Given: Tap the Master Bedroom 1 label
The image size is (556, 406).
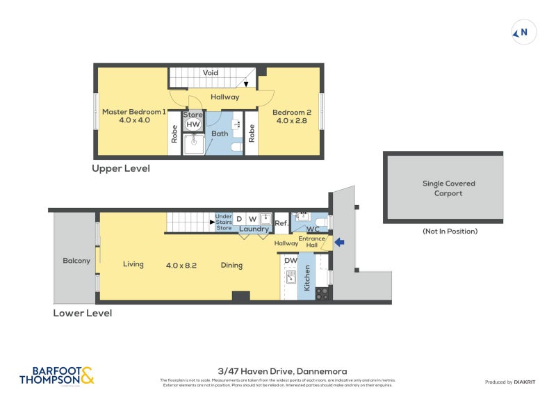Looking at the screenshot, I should point(133,112).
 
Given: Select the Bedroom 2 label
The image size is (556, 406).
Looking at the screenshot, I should point(291,113).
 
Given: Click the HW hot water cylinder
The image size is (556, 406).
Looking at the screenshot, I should point(193,124).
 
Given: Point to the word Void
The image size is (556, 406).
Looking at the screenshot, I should point(211,73).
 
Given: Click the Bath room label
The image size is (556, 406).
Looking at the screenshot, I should point(220,133).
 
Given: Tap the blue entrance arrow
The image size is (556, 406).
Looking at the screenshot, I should point(339,243).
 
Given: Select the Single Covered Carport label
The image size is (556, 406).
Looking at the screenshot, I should point(449,188).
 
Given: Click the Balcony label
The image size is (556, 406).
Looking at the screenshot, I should point(76,261).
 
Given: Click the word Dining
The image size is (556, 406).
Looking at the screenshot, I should point(231,265).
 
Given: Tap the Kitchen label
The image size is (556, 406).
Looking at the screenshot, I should point(306,278).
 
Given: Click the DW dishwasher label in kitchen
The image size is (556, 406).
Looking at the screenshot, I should point(291,261).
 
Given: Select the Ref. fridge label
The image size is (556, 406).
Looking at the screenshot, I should point(281,223).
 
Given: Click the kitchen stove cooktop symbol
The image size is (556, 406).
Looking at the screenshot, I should point(322,294).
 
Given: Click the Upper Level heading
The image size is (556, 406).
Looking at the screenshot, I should point(121,169).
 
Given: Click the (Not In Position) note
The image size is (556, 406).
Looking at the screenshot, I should point(450,232).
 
